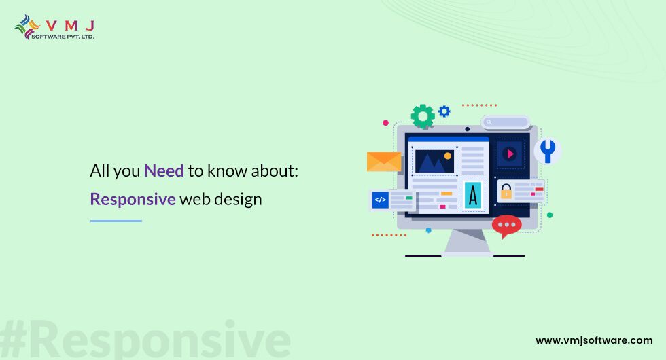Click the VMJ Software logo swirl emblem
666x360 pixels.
click(x=27, y=27)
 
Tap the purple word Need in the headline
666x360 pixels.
click(x=164, y=170)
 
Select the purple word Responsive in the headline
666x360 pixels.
click(x=133, y=199)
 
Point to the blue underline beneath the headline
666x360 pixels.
click(x=116, y=221)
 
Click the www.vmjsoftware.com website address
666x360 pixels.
click(x=594, y=340)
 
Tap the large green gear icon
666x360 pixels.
click(x=423, y=116)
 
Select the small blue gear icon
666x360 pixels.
click(x=444, y=111)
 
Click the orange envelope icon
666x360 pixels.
click(x=384, y=162)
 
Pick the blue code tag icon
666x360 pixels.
click(x=380, y=200)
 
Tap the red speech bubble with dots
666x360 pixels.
click(x=506, y=226)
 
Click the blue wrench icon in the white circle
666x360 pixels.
click(x=548, y=151)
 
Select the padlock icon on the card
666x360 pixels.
click(x=506, y=192)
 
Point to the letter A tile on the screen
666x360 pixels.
click(x=473, y=196)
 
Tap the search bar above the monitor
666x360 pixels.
click(x=506, y=122)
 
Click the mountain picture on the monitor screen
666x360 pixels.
click(x=434, y=161)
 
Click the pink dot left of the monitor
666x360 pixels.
click(x=386, y=123)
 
